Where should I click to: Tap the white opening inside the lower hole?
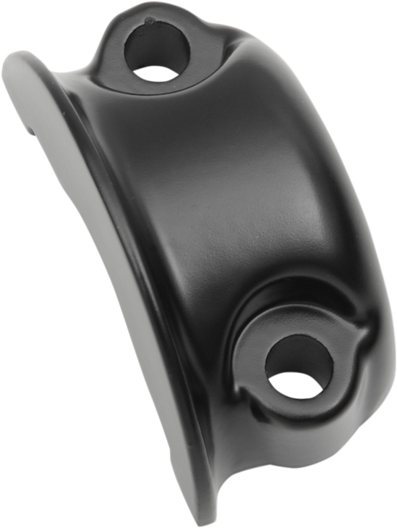(297, 383)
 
